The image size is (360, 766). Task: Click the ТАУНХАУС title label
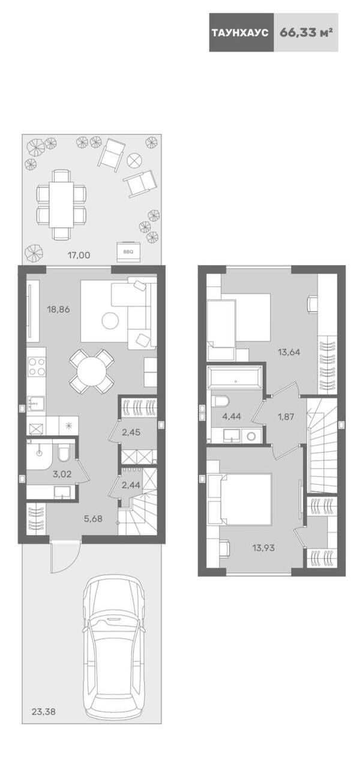coord(240,33)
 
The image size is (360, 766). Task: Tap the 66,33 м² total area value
coord(306,32)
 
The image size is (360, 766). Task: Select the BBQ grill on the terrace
coord(128,251)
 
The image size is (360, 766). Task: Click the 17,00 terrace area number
coord(79,255)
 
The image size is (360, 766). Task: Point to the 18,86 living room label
coord(59,310)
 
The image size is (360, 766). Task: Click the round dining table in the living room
coord(91,371)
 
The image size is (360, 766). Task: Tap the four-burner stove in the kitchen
coord(36,367)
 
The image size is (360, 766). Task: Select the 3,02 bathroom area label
coord(62,474)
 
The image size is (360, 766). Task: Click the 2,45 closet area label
coord(131,432)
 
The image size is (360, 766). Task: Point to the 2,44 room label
coord(131,485)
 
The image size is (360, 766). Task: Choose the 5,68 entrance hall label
coord(93,519)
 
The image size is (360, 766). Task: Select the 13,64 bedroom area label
coord(289,352)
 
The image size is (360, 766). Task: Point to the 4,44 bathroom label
coord(232,416)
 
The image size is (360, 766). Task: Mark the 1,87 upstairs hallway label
coord(286,416)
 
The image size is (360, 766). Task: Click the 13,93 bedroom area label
coord(263,548)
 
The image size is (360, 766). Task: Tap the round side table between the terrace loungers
coord(134,159)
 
